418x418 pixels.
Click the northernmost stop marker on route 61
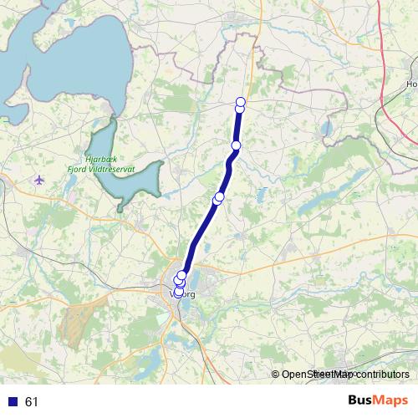[x=241, y=101]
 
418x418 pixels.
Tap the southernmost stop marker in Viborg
[x=178, y=291]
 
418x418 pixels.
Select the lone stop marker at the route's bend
[x=236, y=146]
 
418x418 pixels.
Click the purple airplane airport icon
[x=40, y=180]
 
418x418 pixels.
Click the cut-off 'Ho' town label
[x=410, y=84]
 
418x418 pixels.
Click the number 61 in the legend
[x=32, y=402]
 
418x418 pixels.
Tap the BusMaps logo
[x=380, y=400]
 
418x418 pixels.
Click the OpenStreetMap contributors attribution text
[x=345, y=375]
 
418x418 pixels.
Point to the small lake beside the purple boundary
[x=324, y=130]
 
